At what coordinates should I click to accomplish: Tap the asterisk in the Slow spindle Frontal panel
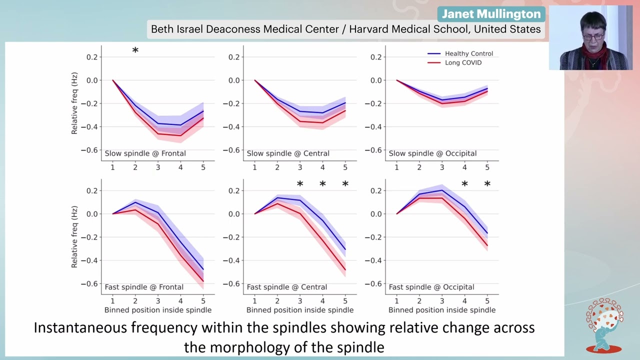[135, 50]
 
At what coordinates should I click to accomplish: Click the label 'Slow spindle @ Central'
[287, 153]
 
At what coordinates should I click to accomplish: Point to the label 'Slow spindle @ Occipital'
[432, 153]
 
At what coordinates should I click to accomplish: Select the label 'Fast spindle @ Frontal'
[144, 287]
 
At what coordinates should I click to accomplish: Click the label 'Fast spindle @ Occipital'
[431, 287]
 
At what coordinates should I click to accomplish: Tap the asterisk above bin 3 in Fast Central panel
[300, 184]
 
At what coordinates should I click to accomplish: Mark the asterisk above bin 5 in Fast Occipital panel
[487, 184]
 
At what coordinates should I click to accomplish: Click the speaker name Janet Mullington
[491, 14]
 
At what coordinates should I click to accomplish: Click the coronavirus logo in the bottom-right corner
[604, 325]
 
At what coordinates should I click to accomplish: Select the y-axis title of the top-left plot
[74, 103]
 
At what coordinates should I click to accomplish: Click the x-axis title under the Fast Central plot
[299, 310]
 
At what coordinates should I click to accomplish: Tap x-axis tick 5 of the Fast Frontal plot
[203, 300]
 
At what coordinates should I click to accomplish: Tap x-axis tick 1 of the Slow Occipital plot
[397, 167]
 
